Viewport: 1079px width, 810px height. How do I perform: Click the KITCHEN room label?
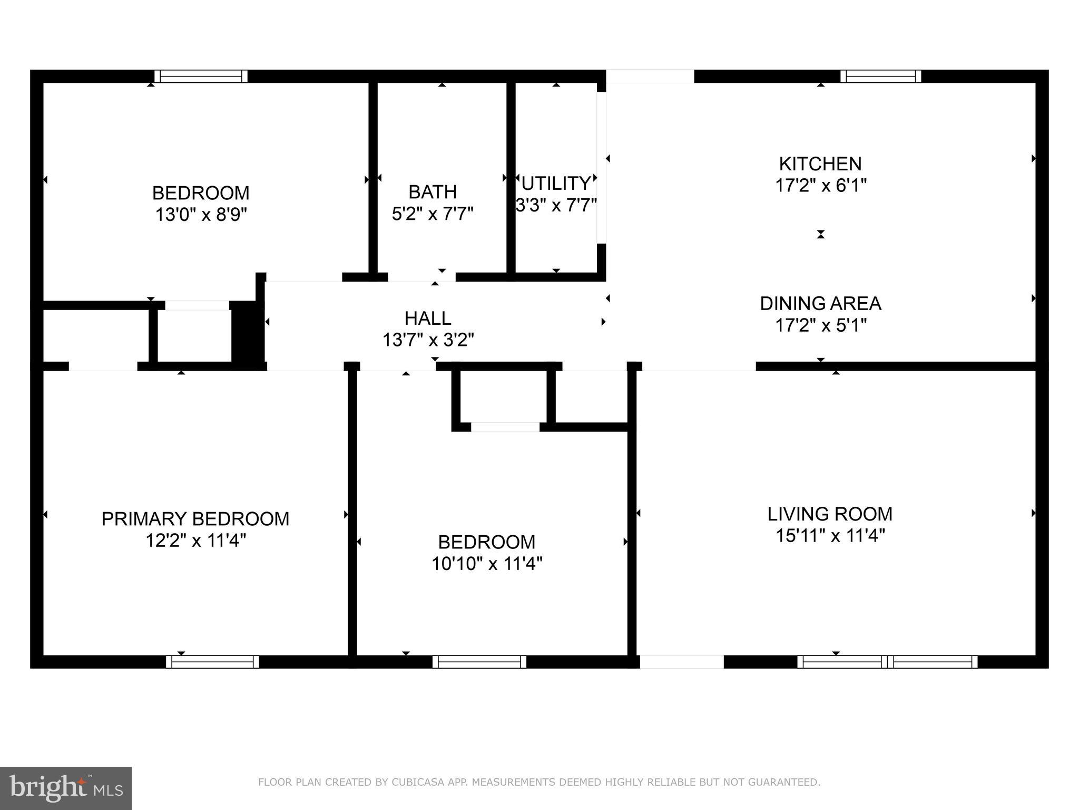[820, 164]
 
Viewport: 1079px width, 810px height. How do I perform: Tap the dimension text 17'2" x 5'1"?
[820, 325]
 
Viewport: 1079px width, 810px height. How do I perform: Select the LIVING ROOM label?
[829, 514]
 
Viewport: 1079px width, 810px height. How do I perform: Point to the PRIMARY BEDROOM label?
[195, 519]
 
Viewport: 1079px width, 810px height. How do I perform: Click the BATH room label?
[433, 191]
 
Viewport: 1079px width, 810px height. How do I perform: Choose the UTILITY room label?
[556, 184]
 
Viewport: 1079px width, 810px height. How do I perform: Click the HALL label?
[428, 318]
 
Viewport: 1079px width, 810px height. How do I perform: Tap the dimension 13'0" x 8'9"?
[201, 215]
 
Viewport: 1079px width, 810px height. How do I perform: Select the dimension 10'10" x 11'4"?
[487, 564]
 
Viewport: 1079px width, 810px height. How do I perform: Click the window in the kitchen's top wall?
[880, 76]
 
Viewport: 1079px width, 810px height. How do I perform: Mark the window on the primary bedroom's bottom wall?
[212, 662]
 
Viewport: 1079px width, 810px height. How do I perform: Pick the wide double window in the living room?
[887, 662]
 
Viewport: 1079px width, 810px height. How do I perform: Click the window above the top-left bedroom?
[201, 76]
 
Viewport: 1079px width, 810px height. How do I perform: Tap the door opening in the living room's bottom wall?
[681, 662]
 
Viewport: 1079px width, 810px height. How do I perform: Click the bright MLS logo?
[65, 788]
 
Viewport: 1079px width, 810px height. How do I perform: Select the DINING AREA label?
[820, 304]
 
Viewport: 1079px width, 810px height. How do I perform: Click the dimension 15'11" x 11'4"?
[829, 536]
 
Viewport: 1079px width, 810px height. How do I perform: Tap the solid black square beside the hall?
[248, 332]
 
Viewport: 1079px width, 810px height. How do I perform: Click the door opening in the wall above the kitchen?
[650, 76]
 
